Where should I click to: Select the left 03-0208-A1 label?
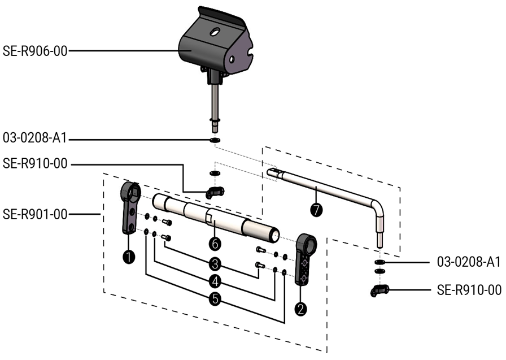tap(35, 138)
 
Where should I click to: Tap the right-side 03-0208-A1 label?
tap(469, 262)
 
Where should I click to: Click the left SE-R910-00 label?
tap(35, 164)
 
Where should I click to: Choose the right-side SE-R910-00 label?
tap(469, 290)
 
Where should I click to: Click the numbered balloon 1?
tap(129, 257)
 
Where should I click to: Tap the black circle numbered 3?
tap(214, 263)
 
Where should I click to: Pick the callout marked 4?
tap(214, 280)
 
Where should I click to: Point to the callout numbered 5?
tap(214, 298)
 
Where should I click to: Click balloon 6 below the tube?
tap(214, 243)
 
